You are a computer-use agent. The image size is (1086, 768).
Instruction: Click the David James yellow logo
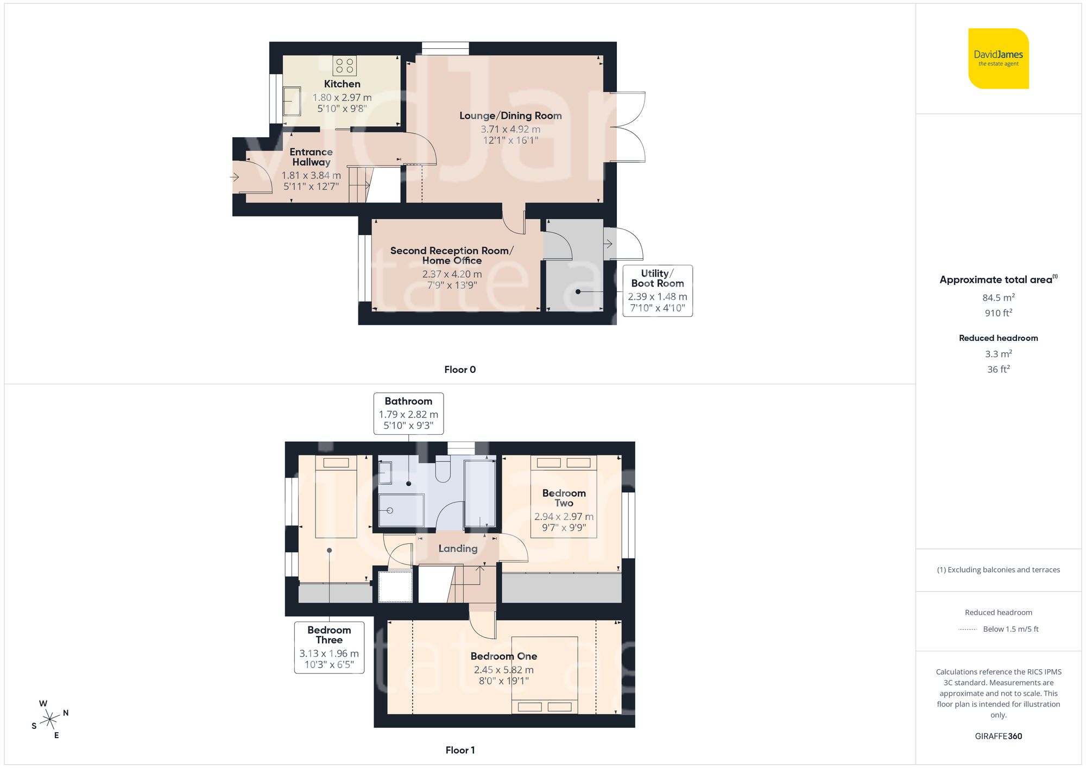(998, 59)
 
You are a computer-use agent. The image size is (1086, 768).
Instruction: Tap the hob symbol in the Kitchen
(344, 66)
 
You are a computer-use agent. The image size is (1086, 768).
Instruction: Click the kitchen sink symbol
(292, 101)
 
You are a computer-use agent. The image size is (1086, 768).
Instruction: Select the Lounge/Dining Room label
(510, 116)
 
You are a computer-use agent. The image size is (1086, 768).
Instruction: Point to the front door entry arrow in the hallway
(235, 177)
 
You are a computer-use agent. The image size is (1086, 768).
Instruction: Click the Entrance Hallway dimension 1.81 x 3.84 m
(311, 175)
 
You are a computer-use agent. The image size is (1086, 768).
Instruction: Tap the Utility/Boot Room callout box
(658, 290)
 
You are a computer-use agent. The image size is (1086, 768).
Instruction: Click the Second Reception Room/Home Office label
(451, 255)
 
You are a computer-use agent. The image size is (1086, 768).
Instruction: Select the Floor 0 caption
(460, 370)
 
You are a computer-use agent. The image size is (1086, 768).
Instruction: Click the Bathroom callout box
(408, 413)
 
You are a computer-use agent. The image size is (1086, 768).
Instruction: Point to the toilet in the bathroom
(443, 470)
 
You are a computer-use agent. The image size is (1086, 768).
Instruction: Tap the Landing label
(458, 549)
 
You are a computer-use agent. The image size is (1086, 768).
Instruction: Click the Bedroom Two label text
(564, 498)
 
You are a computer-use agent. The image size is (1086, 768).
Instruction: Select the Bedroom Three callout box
(329, 648)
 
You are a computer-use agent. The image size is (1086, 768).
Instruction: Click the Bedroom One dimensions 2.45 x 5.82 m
(503, 670)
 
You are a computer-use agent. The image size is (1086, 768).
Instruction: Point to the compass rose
(50, 720)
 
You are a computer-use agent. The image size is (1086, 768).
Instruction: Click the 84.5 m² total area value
(998, 297)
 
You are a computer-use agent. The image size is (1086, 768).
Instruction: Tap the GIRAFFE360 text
(998, 737)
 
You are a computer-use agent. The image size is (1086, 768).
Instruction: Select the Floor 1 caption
(460, 750)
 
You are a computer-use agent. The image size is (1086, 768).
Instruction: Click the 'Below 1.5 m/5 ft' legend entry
(1010, 629)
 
